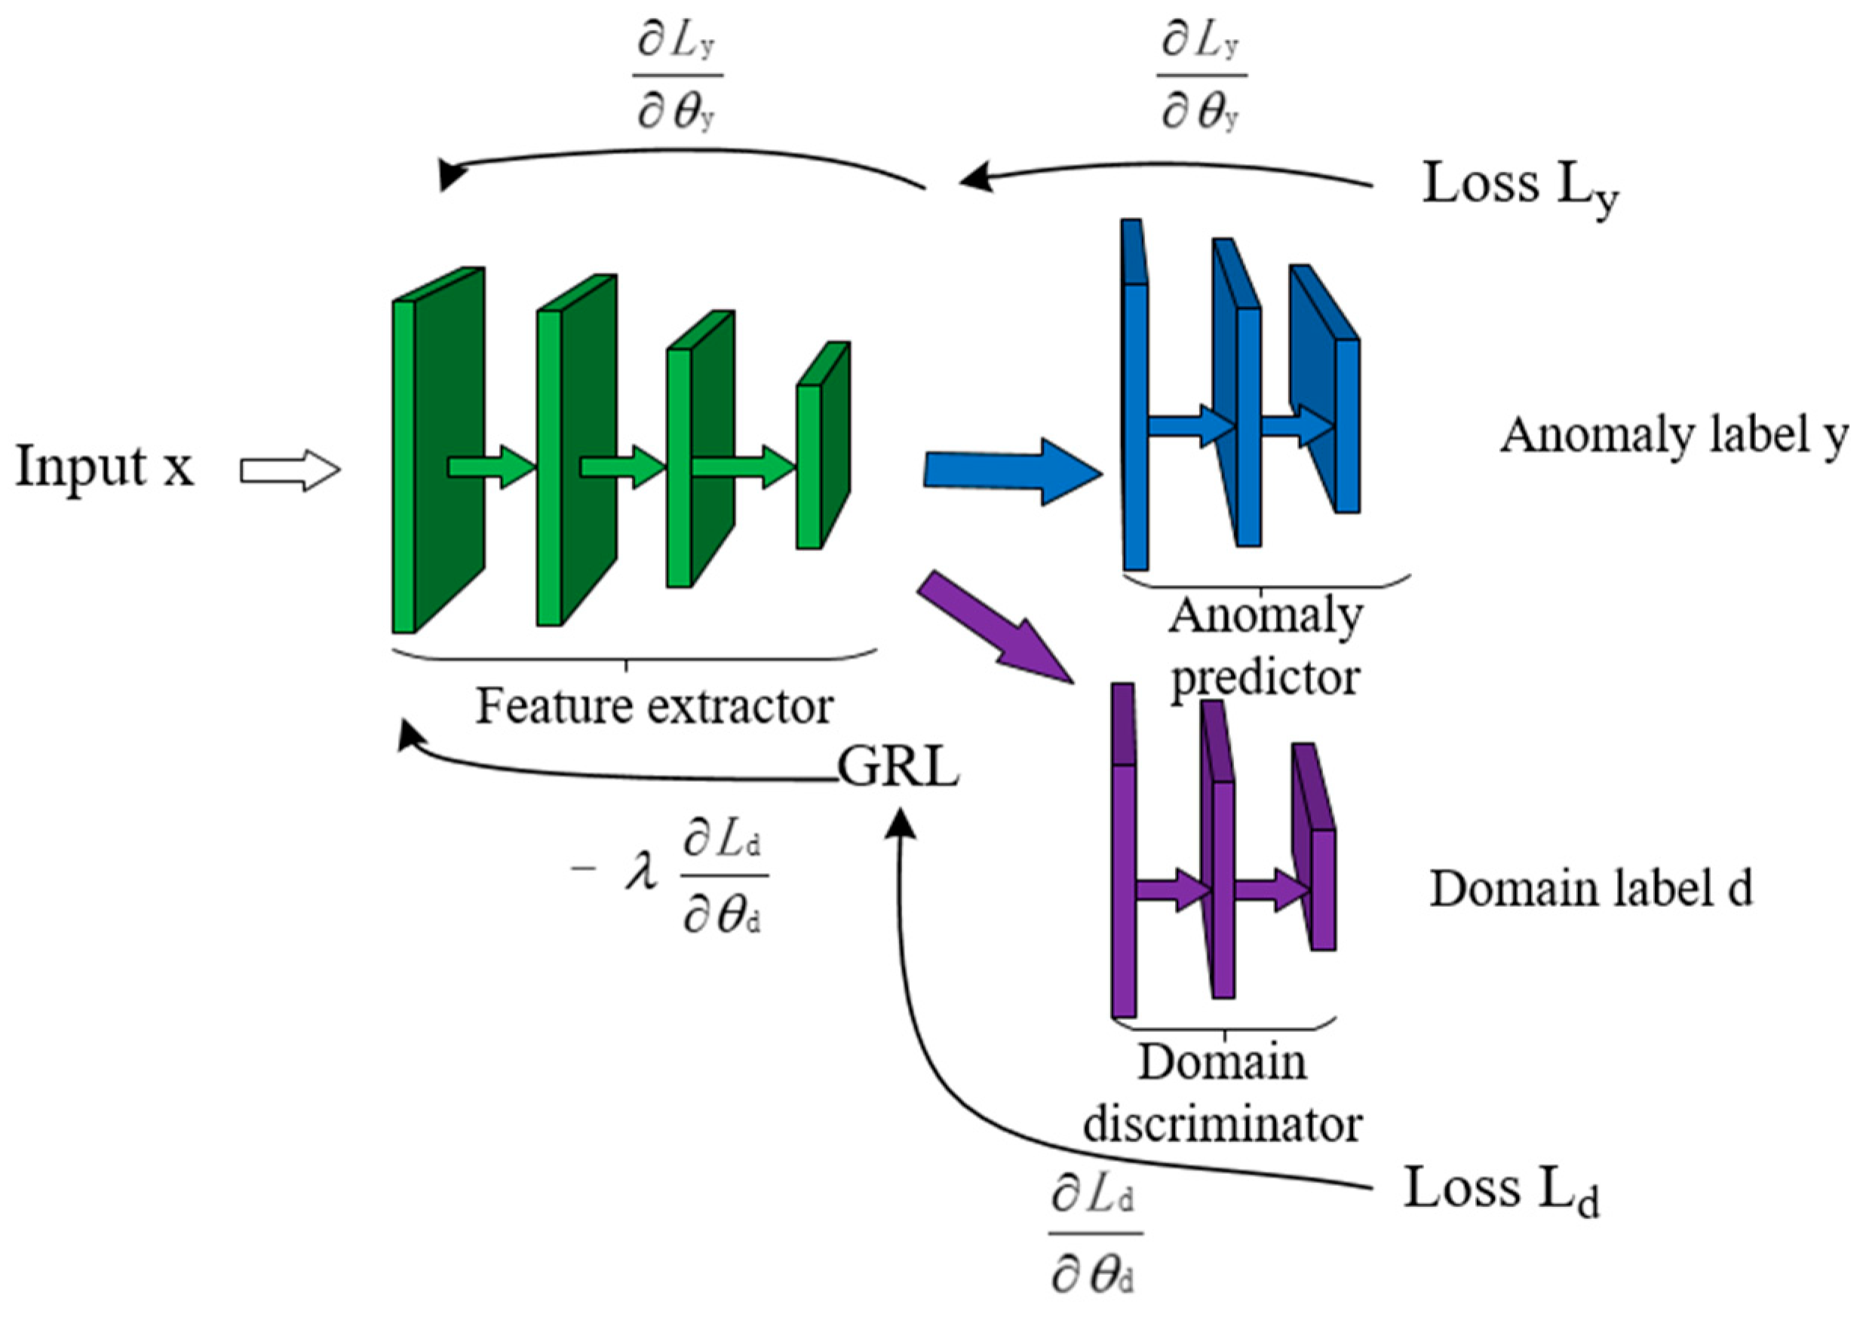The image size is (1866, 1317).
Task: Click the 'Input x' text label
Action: (x=104, y=468)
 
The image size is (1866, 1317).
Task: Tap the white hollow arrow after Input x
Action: (x=290, y=471)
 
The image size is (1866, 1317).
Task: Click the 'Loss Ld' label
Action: (x=1500, y=1190)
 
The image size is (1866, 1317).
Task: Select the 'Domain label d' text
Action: (x=1591, y=889)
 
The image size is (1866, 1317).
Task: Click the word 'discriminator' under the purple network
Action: (x=1223, y=1125)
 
